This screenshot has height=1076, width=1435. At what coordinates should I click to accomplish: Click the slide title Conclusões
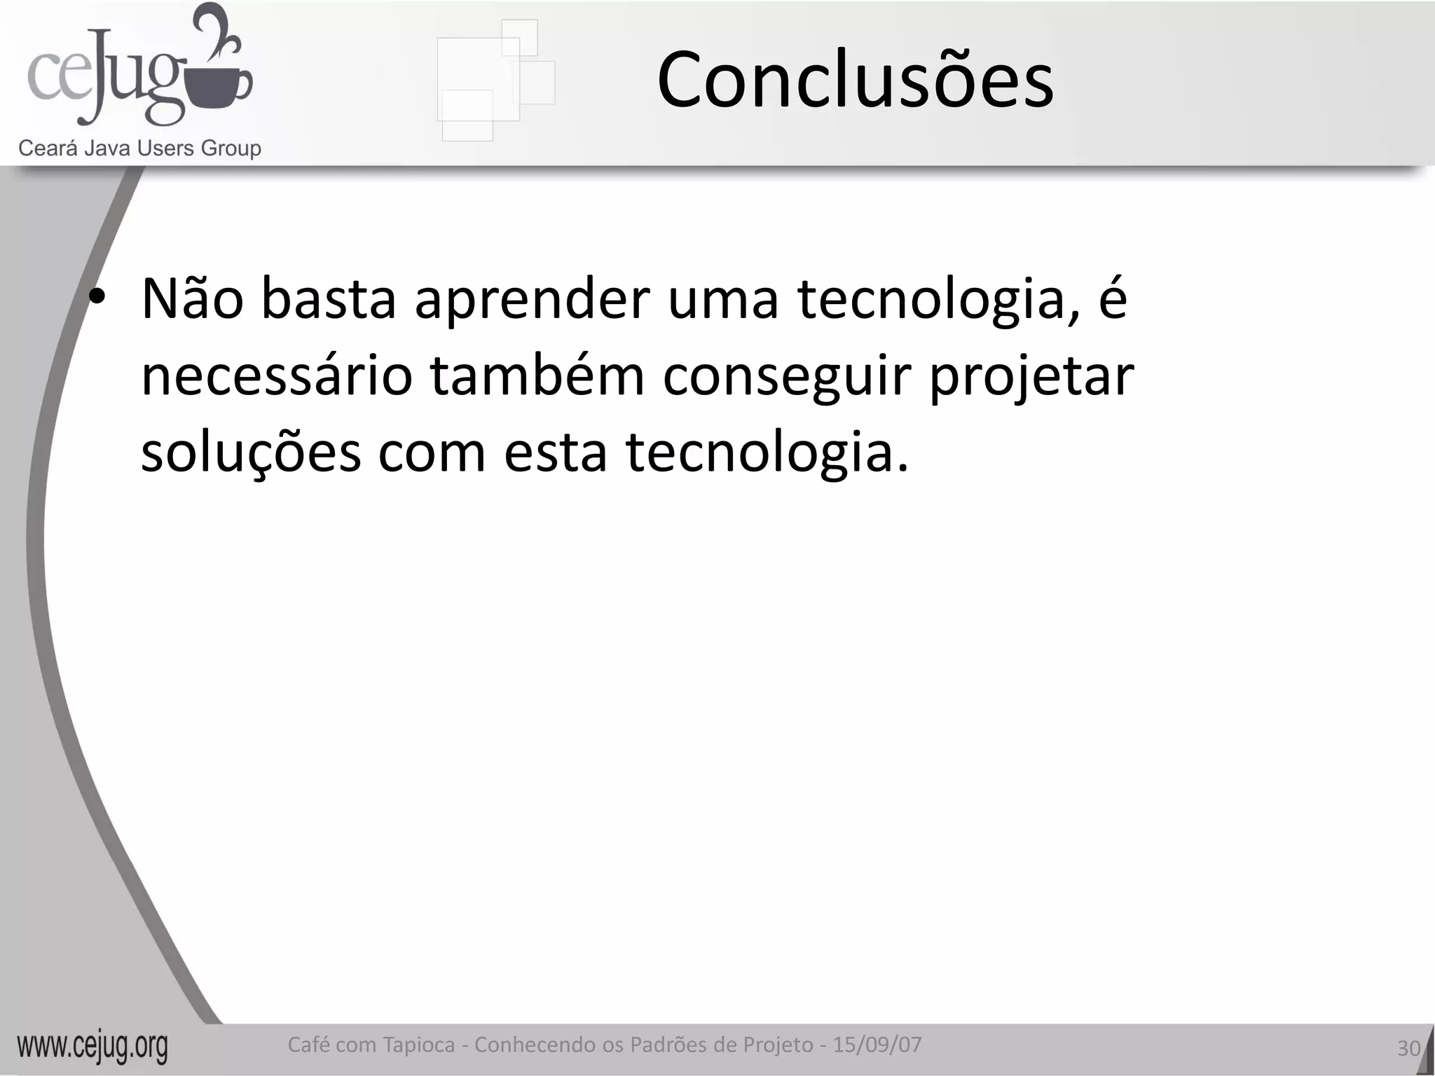pos(855,81)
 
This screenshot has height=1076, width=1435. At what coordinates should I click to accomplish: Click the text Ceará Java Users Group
pos(139,149)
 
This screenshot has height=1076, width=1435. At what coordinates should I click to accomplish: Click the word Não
pos(193,299)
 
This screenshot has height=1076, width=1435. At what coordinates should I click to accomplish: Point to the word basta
pos(329,299)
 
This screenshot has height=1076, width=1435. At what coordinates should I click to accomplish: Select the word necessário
pos(276,376)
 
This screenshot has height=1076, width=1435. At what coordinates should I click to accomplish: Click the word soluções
pos(251,453)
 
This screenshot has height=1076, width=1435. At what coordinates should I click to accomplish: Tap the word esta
pos(556,453)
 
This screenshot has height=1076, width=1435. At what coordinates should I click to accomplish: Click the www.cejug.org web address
pos(92,1047)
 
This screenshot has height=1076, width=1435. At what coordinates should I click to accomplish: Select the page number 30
pos(1408,1048)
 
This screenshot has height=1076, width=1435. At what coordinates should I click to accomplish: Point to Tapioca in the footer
pos(418,1045)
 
